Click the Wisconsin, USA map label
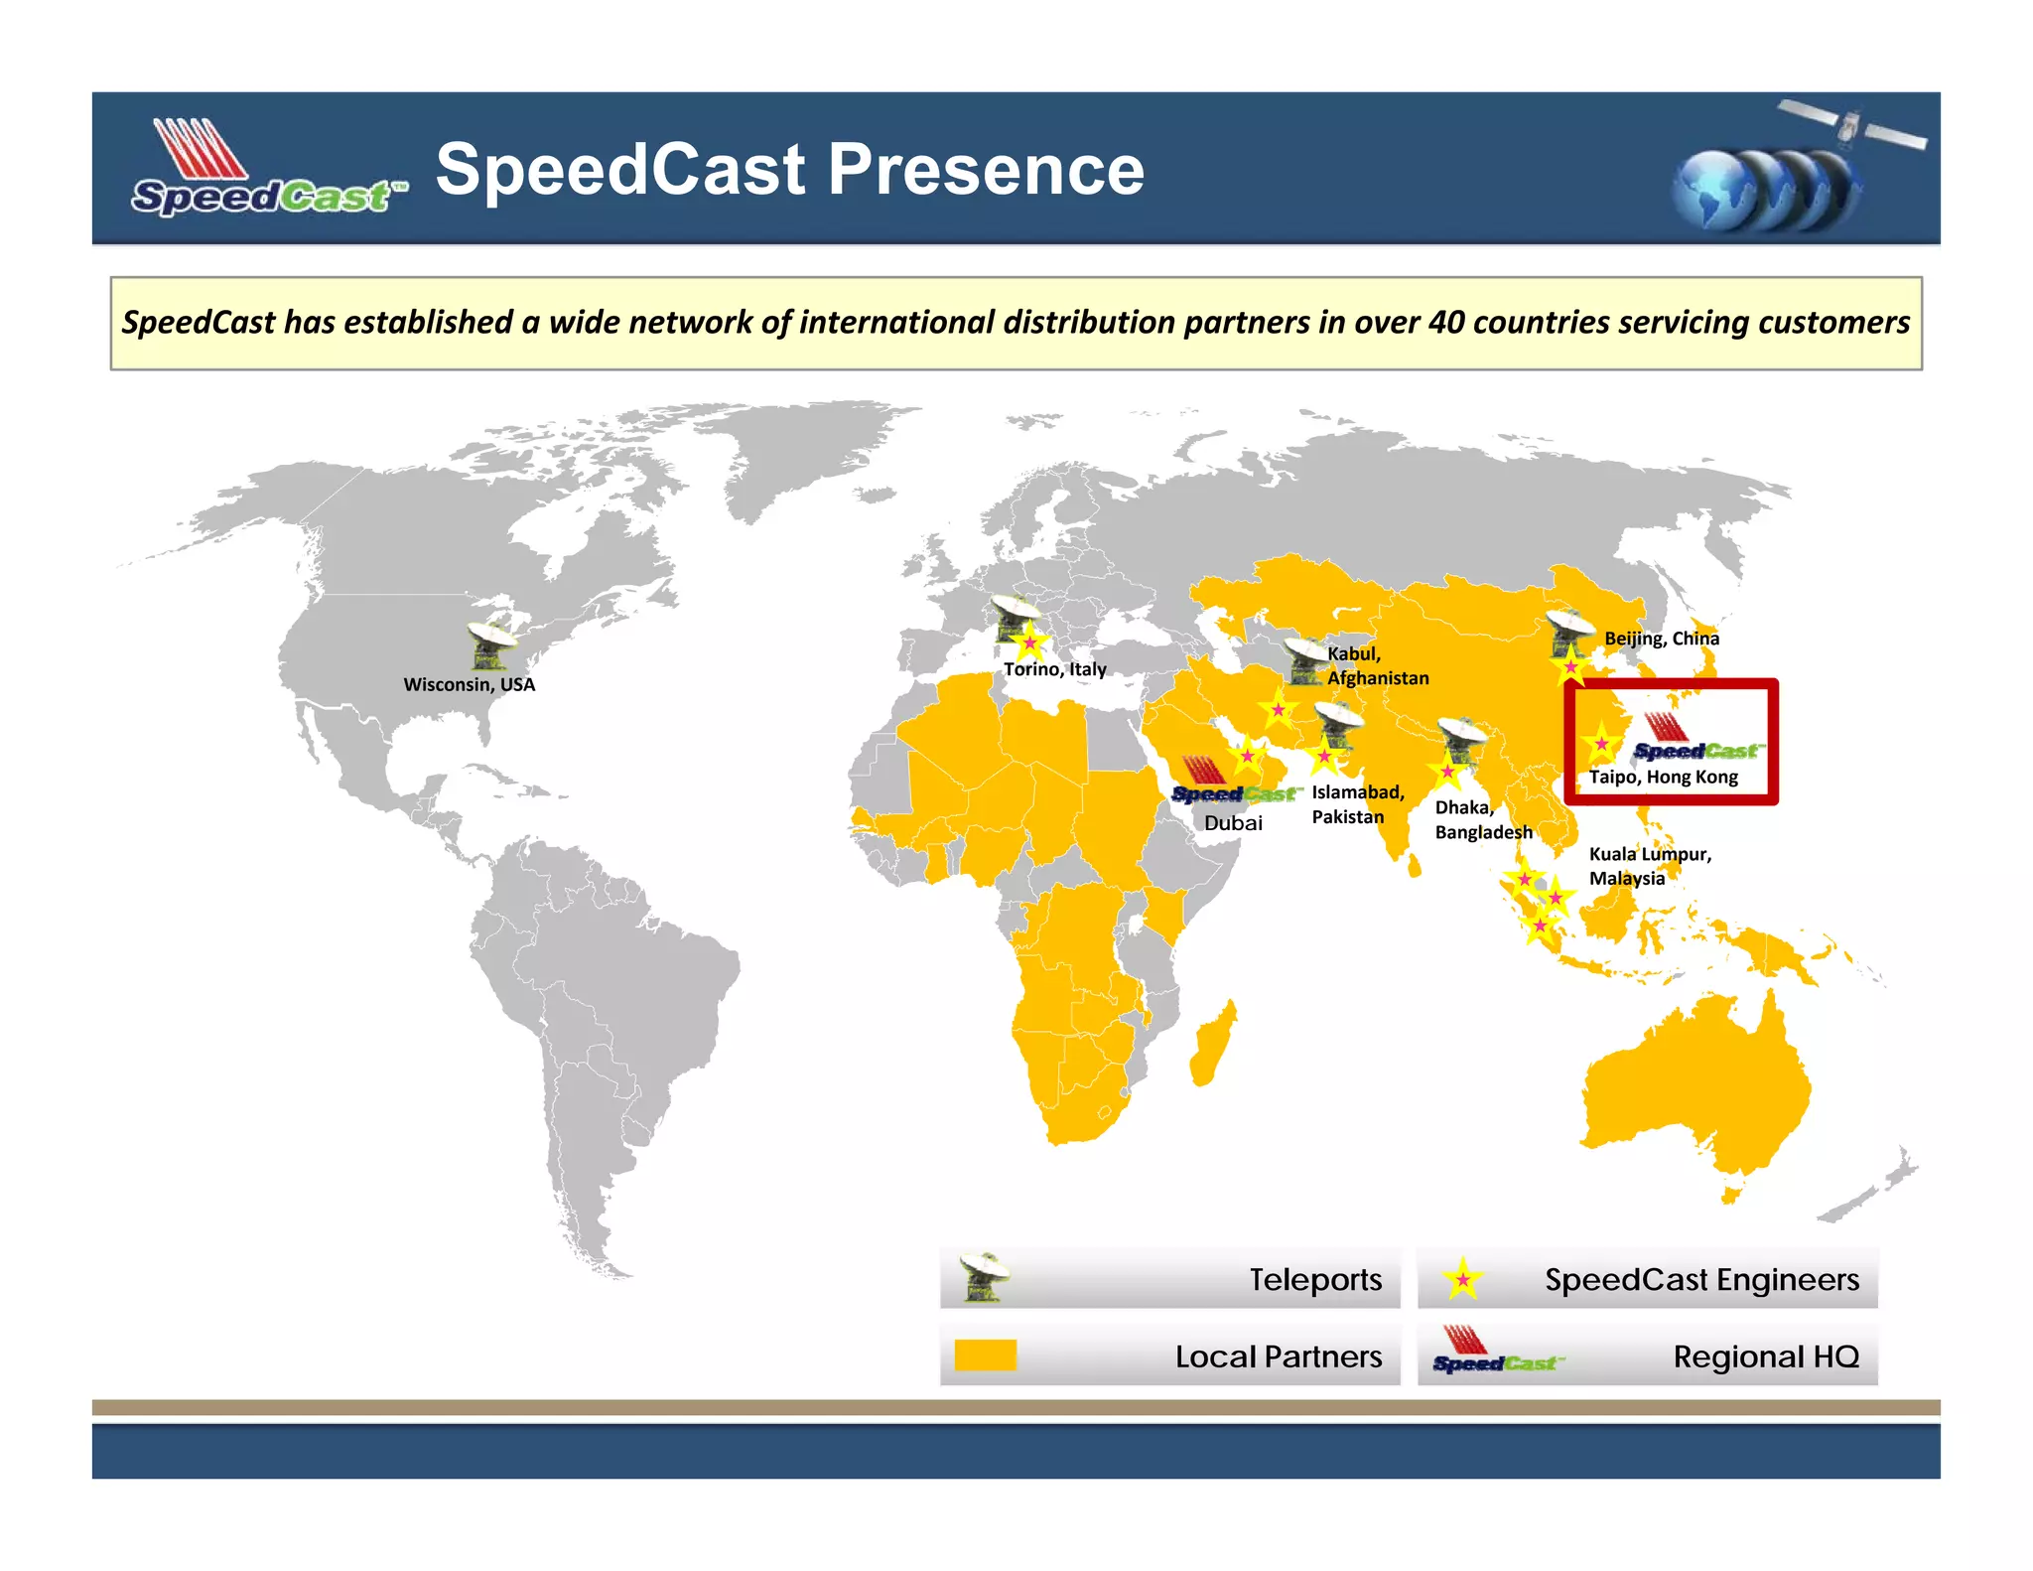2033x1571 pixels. (x=469, y=684)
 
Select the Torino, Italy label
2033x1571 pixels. (x=1054, y=669)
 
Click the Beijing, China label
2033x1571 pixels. (x=1662, y=639)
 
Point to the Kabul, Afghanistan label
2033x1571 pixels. (x=1378, y=665)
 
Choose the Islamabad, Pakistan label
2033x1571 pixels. (x=1357, y=804)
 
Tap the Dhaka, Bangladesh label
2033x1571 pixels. (x=1483, y=820)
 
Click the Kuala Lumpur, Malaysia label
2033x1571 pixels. (x=1650, y=866)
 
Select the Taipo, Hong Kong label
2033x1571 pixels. (x=1664, y=777)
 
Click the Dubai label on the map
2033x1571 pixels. (x=1233, y=823)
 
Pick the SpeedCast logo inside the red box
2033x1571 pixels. (x=1694, y=739)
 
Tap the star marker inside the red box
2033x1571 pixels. (x=1601, y=744)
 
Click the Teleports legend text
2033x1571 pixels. (x=1315, y=1280)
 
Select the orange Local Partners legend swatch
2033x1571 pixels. (x=985, y=1356)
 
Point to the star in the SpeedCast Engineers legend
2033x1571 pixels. (x=1462, y=1279)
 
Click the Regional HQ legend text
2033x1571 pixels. (x=1766, y=1357)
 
